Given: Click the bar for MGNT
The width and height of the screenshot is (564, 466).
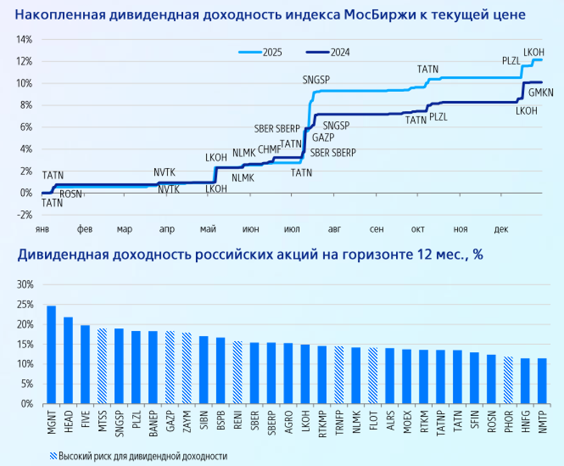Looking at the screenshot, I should (x=51, y=355).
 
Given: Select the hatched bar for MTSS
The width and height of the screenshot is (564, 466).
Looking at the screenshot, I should (x=102, y=366).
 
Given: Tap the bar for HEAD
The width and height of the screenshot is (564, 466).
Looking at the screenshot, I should (x=68, y=360).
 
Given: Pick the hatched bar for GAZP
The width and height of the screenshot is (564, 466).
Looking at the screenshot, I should (x=170, y=367).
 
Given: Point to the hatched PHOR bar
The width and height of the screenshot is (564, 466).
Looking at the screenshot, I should (x=508, y=380).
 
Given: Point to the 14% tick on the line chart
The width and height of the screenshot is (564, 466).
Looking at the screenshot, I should (x=25, y=40).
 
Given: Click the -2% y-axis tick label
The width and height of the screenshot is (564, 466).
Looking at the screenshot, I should (x=25, y=215).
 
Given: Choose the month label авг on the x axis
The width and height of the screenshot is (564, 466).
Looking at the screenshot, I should (x=334, y=229).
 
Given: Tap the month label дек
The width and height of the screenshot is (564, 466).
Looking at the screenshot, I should (x=501, y=229).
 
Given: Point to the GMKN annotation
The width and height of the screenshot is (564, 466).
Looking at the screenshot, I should (x=541, y=93).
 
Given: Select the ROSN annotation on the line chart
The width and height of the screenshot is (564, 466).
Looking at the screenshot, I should (x=70, y=194).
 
